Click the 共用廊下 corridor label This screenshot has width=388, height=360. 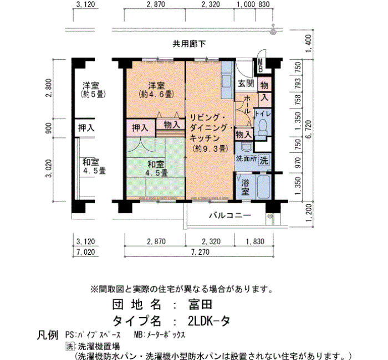pyautogui.click(x=189, y=44)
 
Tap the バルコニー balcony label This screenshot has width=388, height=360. pyautogui.click(x=230, y=215)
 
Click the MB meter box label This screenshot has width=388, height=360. pyautogui.click(x=261, y=65)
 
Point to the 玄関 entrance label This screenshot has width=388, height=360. pyautogui.click(x=246, y=84)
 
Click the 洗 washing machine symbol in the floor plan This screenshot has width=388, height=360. pyautogui.click(x=264, y=161)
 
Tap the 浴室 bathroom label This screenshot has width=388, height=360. pyautogui.click(x=245, y=187)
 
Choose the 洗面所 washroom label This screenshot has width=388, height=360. pyautogui.click(x=246, y=158)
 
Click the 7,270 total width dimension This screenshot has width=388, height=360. pyautogui.click(x=200, y=252)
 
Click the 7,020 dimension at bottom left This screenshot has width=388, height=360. pyautogui.click(x=85, y=252)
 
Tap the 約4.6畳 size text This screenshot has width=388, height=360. pyautogui.click(x=156, y=94)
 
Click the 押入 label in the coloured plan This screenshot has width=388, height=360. pyautogui.click(x=140, y=128)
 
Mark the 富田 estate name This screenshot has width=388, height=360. pyautogui.click(x=200, y=304)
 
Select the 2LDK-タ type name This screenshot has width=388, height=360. pyautogui.click(x=209, y=321)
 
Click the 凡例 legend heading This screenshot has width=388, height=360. pyautogui.click(x=48, y=335)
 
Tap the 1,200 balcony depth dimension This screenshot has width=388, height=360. pyautogui.click(x=309, y=213)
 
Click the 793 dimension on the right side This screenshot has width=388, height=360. pyautogui.click(x=298, y=83)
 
